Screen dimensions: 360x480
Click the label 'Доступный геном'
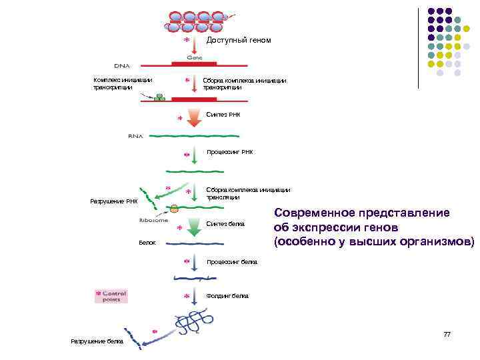point(239,40)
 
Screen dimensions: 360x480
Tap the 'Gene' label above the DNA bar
point(194,57)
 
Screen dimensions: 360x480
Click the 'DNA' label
point(122,66)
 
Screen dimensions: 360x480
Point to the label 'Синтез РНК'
point(223,115)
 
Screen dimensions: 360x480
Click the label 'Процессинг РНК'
point(230,152)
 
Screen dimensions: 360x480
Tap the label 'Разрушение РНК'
point(113,201)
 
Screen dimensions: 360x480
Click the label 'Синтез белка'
point(226,223)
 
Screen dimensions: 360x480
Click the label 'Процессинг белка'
point(232,262)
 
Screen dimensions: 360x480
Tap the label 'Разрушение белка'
point(97,341)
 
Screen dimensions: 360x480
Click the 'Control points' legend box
point(111,296)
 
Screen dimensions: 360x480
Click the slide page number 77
point(447,334)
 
